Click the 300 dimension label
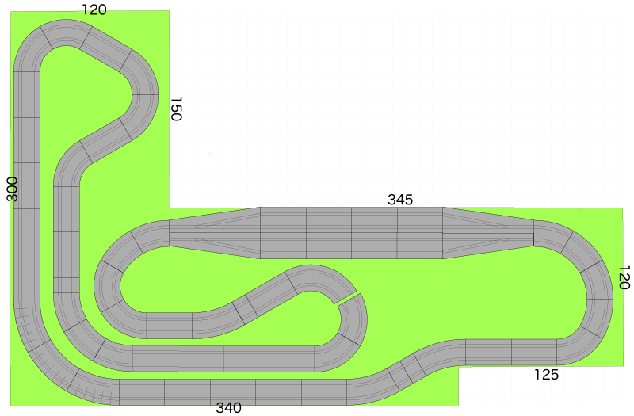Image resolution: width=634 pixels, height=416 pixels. pos(12,189)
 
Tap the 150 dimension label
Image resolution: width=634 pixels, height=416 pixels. pos(176,109)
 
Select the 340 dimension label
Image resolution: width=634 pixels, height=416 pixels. pos(228,407)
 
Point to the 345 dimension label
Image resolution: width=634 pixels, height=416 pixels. pos(400,200)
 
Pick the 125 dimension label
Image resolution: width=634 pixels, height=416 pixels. pos(546,374)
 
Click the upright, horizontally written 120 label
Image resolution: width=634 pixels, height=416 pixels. pos(94,10)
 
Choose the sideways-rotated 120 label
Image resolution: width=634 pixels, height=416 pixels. pos(624,277)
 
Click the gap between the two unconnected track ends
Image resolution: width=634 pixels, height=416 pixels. pos(346,299)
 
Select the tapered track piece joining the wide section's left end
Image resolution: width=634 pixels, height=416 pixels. pos(214,233)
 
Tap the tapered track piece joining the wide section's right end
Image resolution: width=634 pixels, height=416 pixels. pos(488,233)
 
